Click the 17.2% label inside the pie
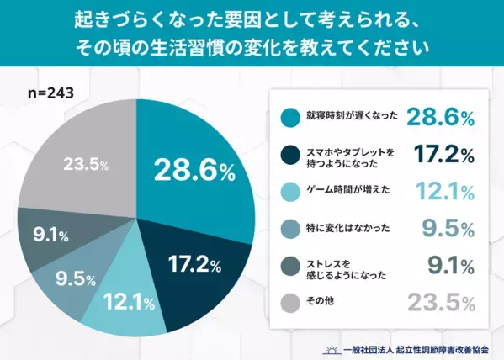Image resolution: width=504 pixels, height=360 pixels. [194, 266]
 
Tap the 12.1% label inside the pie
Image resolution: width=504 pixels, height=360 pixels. [127, 299]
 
